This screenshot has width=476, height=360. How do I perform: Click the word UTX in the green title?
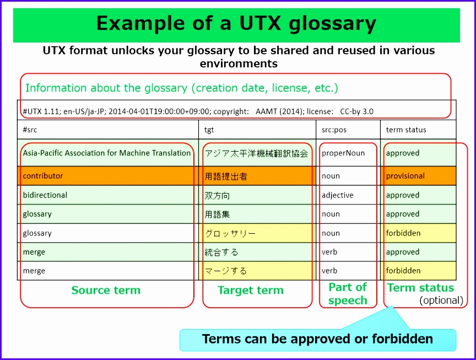[260, 23]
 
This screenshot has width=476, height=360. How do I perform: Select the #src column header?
[30, 130]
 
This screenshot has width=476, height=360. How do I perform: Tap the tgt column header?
[209, 130]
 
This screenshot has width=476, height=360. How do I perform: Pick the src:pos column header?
[334, 130]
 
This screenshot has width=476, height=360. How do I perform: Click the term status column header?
[406, 130]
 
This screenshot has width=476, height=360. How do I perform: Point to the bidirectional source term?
[45, 195]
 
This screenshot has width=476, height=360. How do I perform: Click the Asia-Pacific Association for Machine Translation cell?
[107, 153]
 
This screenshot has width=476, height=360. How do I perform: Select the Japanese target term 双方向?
[217, 195]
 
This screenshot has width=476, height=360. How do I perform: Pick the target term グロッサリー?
[230, 233]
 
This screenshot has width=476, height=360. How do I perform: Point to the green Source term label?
[106, 290]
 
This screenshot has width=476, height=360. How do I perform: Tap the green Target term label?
[251, 290]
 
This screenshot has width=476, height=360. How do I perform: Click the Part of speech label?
[348, 294]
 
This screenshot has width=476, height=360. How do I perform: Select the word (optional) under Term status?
[441, 300]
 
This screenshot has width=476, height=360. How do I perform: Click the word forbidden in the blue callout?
[403, 338]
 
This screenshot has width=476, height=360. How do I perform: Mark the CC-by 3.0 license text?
[356, 111]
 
